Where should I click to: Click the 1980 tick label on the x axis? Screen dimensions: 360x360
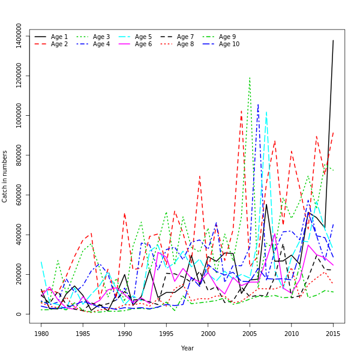(x=41, y=333)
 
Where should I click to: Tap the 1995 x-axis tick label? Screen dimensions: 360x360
(x=167, y=333)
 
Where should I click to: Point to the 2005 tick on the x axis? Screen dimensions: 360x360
(x=250, y=333)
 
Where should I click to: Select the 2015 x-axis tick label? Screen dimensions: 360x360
(x=334, y=333)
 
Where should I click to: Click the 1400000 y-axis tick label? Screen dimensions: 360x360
(x=19, y=37)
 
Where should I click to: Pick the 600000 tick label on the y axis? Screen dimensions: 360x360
(x=19, y=196)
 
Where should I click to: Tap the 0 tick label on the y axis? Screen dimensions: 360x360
(x=19, y=314)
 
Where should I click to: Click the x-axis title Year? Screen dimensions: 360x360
(x=187, y=348)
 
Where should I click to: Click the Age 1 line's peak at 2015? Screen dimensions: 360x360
(x=334, y=40)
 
